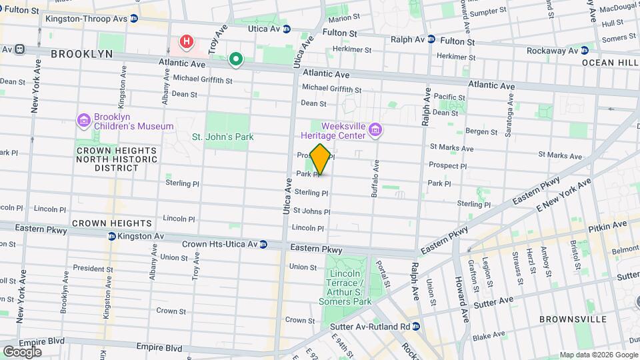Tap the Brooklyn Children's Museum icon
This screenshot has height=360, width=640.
click(x=83, y=121)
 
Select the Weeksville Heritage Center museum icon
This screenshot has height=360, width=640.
click(x=375, y=130)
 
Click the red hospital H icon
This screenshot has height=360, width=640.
click(x=187, y=42)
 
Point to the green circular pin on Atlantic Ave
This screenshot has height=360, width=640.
click(x=235, y=60)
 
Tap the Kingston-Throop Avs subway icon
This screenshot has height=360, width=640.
click(x=134, y=19)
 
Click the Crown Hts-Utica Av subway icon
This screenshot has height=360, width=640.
click(x=263, y=245)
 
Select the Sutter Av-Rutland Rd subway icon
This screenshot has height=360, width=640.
click(x=416, y=327)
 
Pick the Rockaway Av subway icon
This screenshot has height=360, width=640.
click(x=585, y=50)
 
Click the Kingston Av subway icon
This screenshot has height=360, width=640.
click(x=112, y=237)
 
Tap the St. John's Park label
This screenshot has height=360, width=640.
click(x=223, y=137)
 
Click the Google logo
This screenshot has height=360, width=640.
click(x=22, y=352)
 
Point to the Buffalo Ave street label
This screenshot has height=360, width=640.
click(x=375, y=179)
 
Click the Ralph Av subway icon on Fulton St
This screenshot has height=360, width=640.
click(x=431, y=39)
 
